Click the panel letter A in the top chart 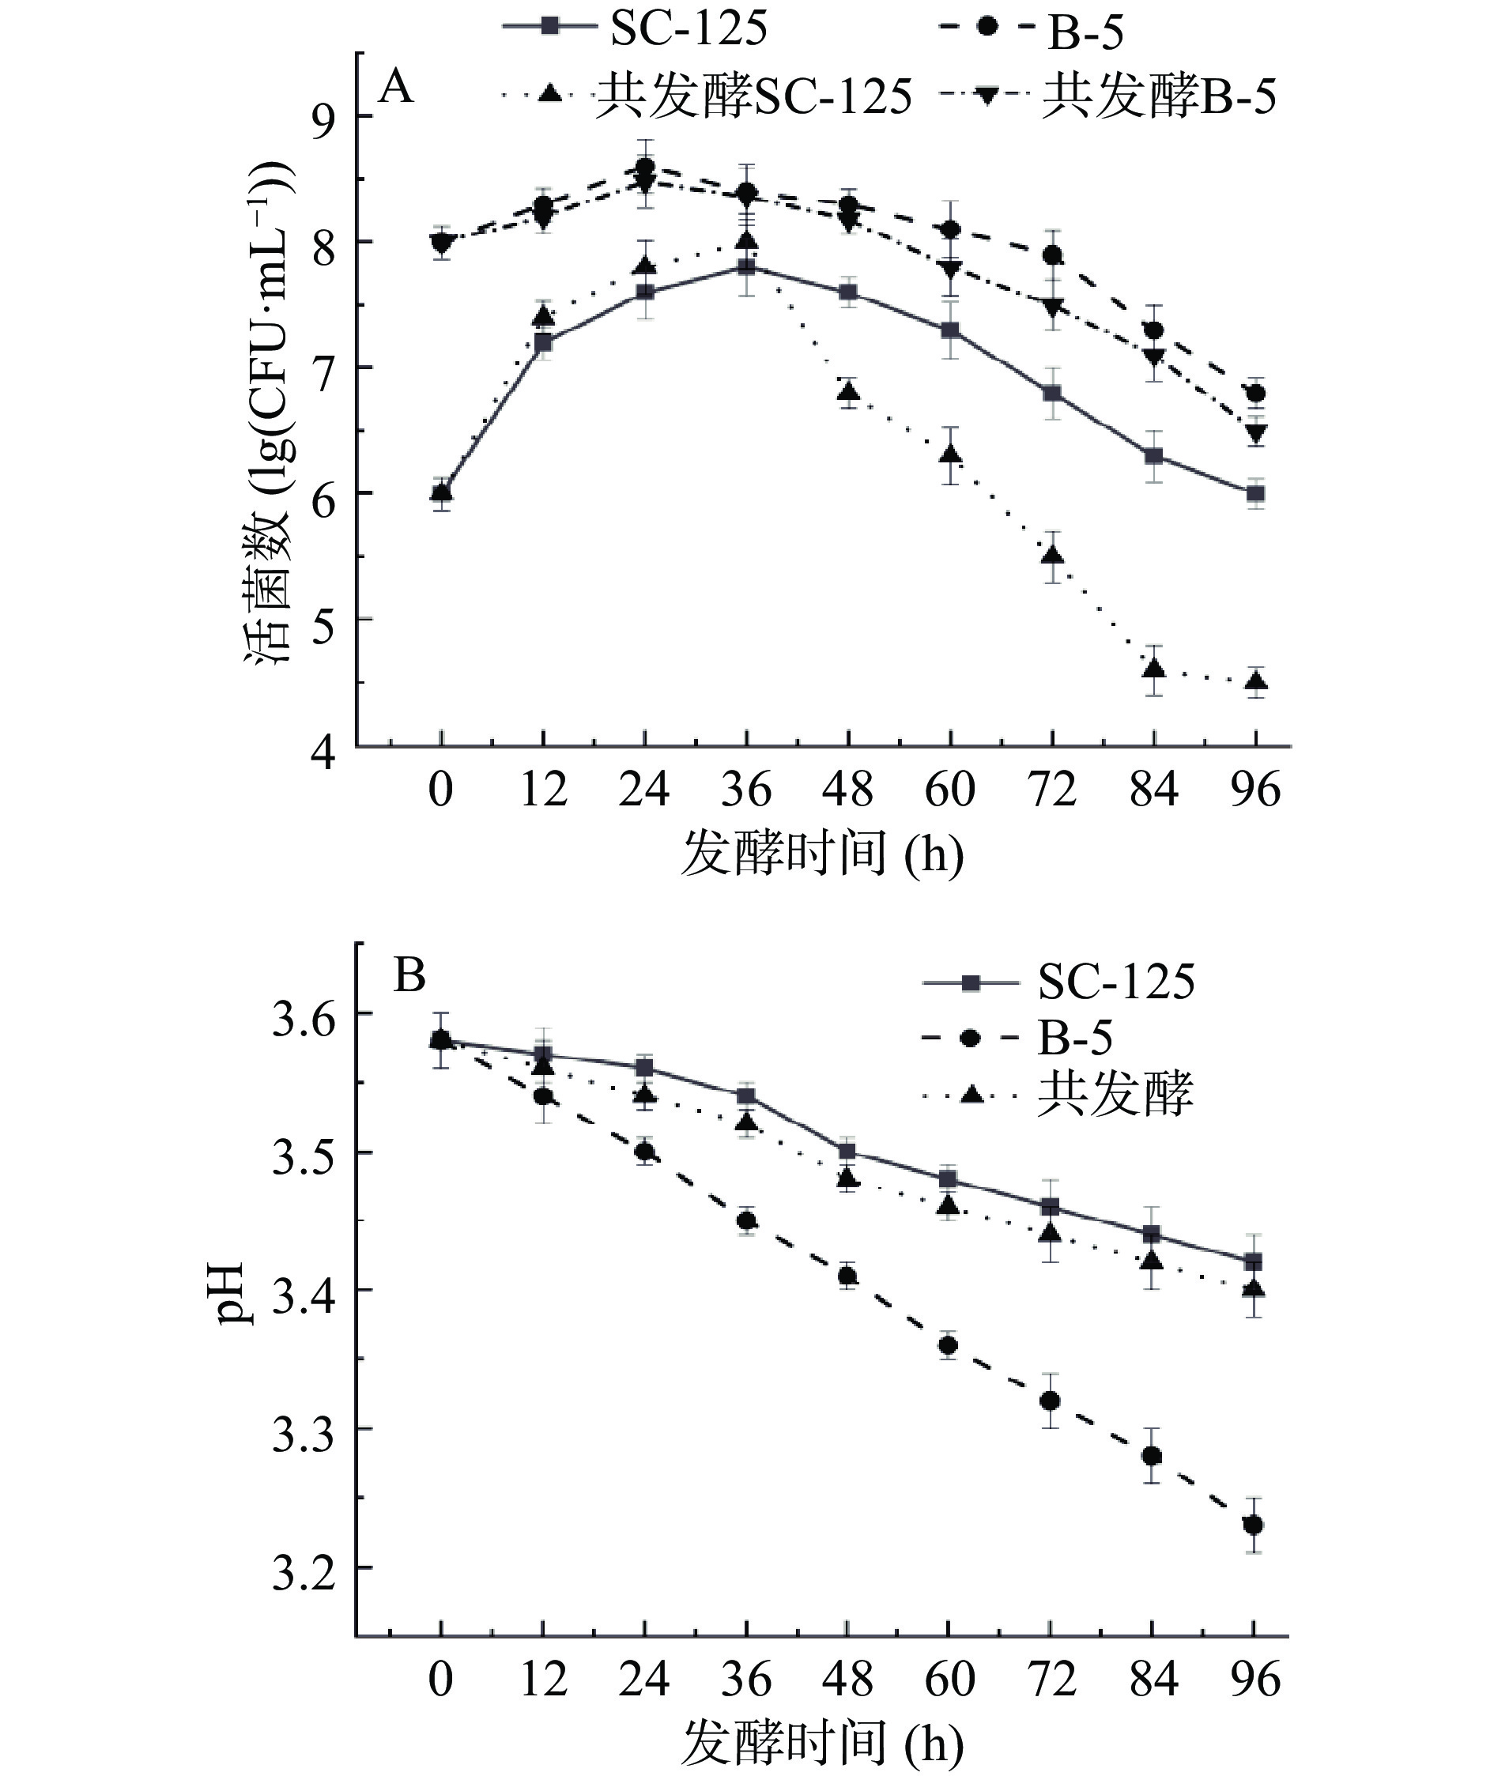[x=395, y=87]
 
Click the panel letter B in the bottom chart [x=409, y=976]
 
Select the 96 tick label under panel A [x=1256, y=790]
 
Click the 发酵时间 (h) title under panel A [x=821, y=853]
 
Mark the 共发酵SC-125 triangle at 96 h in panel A [x=1256, y=681]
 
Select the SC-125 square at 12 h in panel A [x=543, y=343]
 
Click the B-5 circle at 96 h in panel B [x=1254, y=1525]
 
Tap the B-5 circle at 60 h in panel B [x=949, y=1345]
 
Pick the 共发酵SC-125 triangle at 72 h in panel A [x=1052, y=556]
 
